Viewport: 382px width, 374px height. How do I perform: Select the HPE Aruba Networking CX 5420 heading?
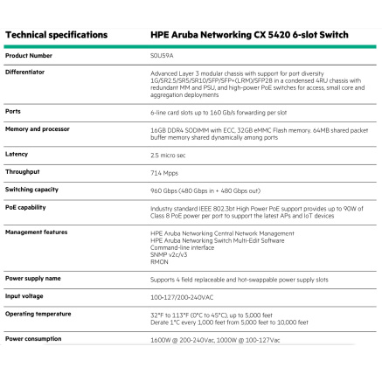[249, 35]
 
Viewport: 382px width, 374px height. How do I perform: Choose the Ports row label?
[13, 111]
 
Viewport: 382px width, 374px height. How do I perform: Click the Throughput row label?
[23, 171]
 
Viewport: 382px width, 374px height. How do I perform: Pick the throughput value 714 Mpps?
[164, 172]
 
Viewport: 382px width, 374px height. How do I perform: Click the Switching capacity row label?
[32, 189]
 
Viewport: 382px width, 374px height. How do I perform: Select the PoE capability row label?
[26, 207]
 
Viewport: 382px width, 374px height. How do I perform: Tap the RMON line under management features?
[159, 260]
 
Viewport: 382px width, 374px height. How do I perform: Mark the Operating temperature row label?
[38, 313]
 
